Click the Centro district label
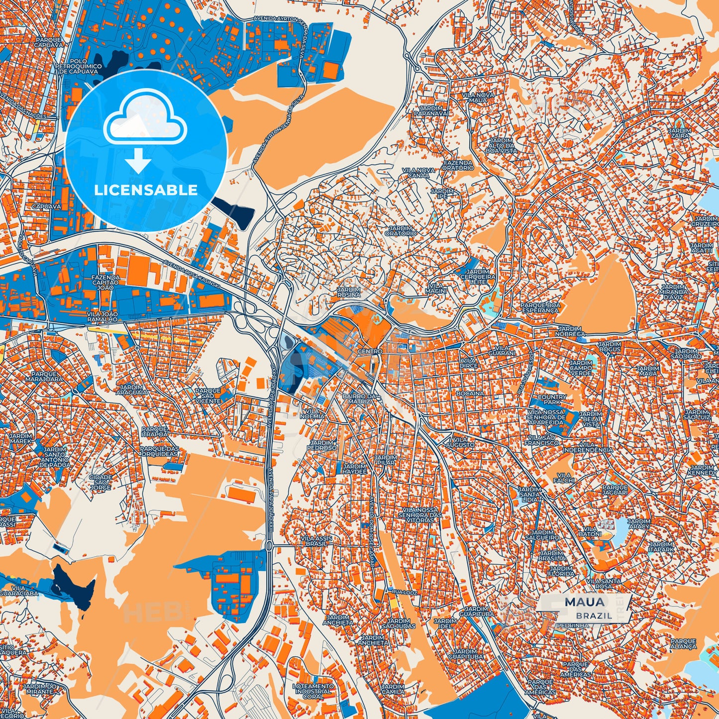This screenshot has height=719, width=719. (370, 351)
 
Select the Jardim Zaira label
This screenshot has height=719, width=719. (680, 132)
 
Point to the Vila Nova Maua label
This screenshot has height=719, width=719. (478, 97)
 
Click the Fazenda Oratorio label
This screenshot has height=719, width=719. (458, 165)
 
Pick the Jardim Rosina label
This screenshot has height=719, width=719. (348, 292)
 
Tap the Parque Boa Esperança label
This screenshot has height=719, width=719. (540, 307)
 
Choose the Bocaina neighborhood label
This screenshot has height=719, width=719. (470, 393)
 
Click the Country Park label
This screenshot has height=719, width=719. (552, 399)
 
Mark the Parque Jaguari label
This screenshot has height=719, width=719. (615, 490)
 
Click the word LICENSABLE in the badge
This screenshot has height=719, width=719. (146, 190)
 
